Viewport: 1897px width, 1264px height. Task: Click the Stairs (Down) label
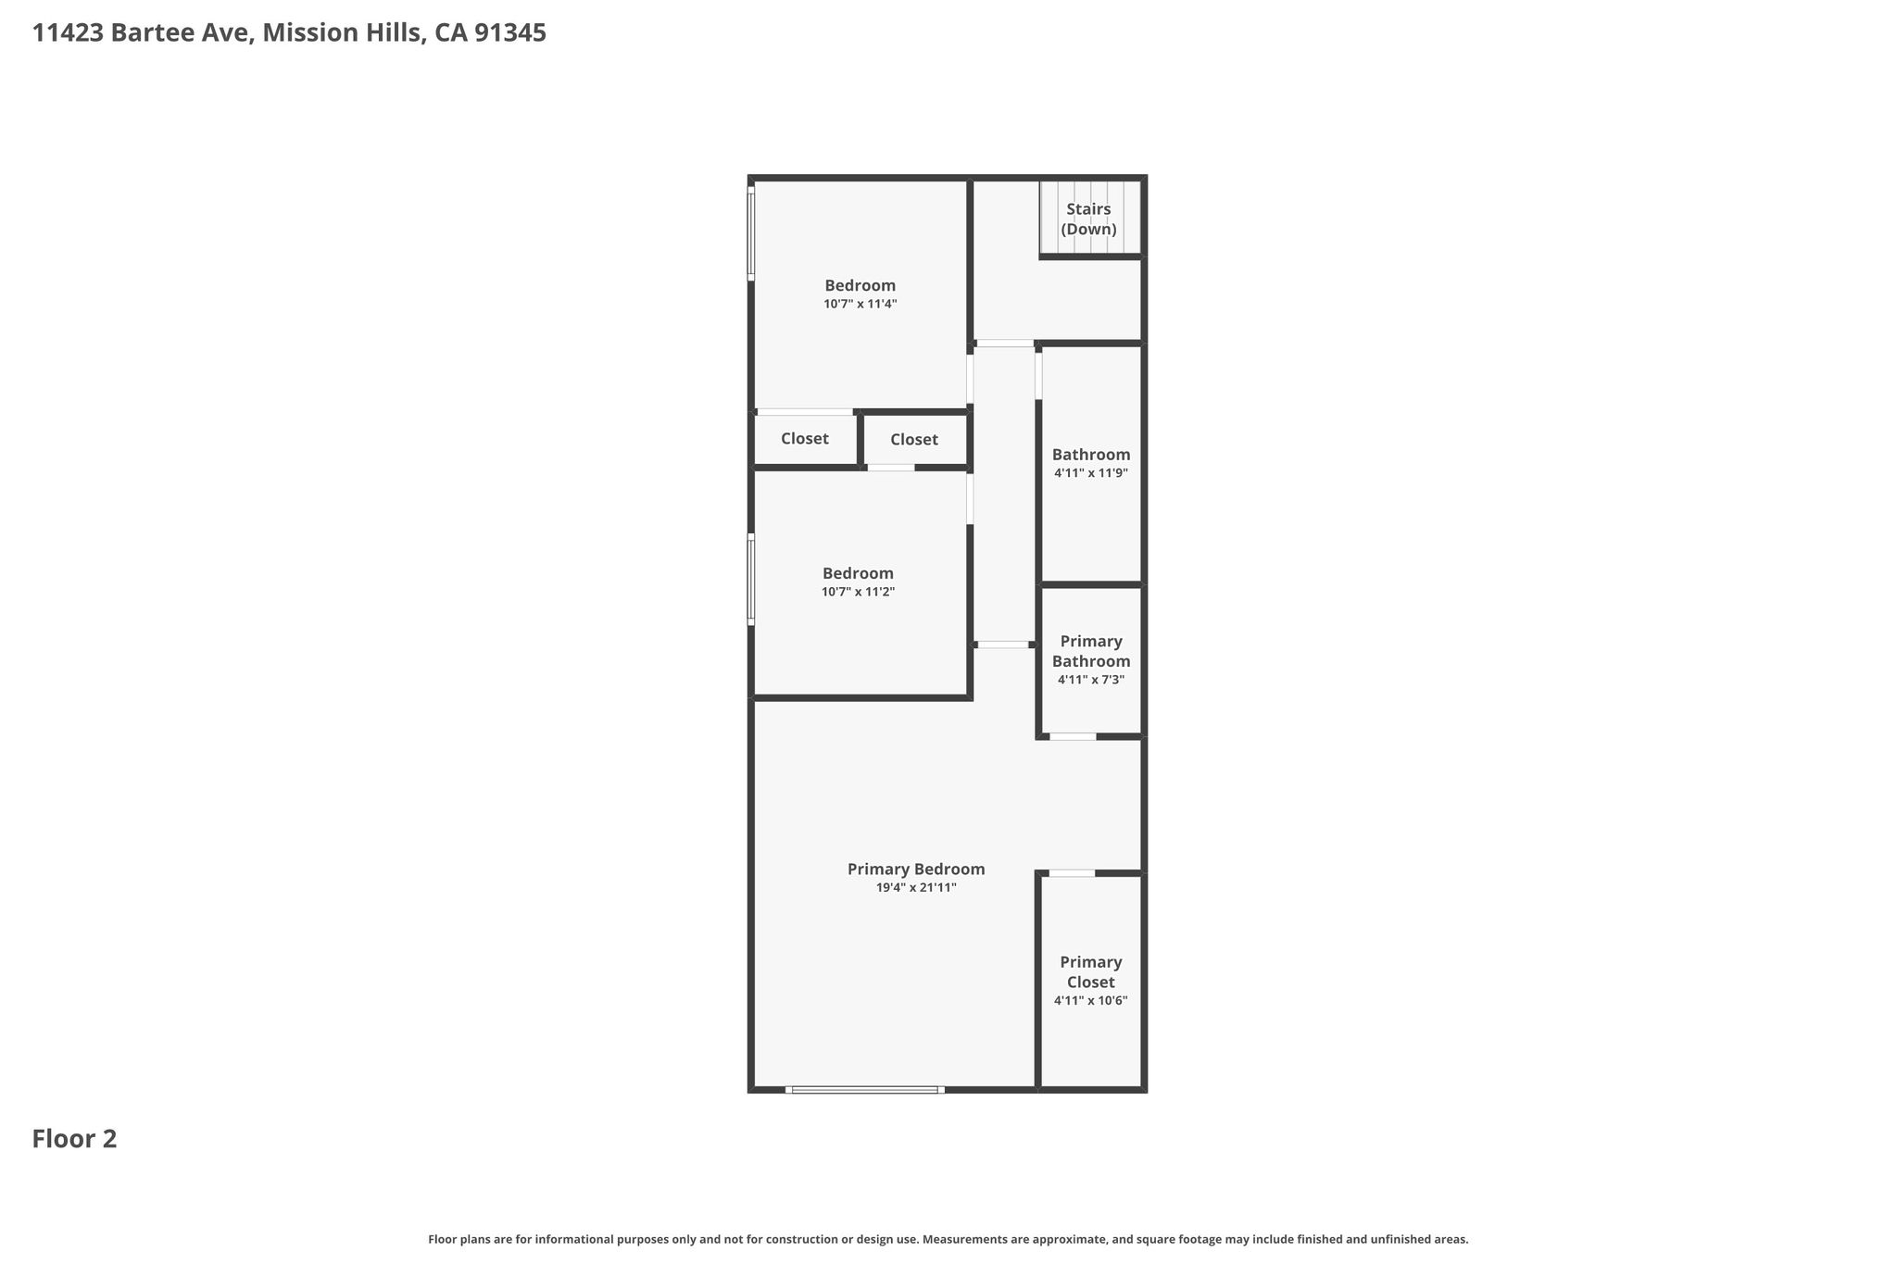point(1088,219)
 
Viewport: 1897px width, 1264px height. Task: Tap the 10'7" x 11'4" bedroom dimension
point(861,304)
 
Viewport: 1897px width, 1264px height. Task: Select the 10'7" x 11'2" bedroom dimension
point(858,592)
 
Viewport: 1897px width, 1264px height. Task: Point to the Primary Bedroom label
point(916,870)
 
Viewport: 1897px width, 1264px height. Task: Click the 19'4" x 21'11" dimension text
point(916,888)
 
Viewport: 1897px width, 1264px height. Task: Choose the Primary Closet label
point(1091,972)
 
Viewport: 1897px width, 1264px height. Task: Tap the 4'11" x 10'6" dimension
point(1091,1001)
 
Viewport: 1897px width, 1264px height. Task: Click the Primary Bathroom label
point(1091,651)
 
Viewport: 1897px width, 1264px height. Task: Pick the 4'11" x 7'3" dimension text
point(1091,680)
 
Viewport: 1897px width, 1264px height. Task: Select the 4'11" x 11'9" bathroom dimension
point(1091,473)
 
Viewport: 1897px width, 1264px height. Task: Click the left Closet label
point(805,439)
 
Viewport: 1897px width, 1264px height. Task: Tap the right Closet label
point(914,440)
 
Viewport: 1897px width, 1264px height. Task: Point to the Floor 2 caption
point(75,1139)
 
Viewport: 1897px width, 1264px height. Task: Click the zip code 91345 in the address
point(510,33)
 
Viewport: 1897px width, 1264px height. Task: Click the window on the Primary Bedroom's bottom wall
point(865,1090)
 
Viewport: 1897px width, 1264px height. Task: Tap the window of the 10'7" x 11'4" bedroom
point(751,233)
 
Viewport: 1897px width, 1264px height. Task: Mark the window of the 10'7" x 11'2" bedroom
point(751,580)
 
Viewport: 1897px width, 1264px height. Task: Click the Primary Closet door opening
point(1072,873)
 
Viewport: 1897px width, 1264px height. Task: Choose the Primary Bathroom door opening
point(1073,737)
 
